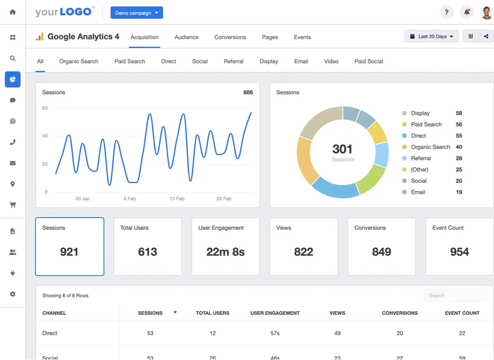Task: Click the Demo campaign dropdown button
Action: click(x=136, y=13)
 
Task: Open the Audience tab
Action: click(x=186, y=37)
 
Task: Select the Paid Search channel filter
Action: click(x=130, y=62)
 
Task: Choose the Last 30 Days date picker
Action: click(x=431, y=36)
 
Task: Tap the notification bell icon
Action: click(x=467, y=12)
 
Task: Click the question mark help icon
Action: click(x=447, y=12)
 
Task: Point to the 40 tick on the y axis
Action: click(x=45, y=136)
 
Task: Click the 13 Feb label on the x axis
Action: click(x=177, y=199)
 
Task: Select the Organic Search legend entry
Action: click(x=430, y=147)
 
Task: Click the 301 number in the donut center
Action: click(x=343, y=149)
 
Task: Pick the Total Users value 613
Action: click(x=147, y=252)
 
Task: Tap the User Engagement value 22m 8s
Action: click(x=226, y=252)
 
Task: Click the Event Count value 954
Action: click(x=459, y=252)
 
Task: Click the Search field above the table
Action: click(x=455, y=295)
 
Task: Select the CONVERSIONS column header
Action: click(x=400, y=313)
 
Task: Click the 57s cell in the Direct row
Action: click(x=275, y=333)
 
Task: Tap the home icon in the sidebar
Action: click(x=13, y=12)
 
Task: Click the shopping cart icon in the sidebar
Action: click(x=13, y=205)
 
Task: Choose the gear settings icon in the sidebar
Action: click(x=13, y=294)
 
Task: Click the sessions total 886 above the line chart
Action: click(x=248, y=93)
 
